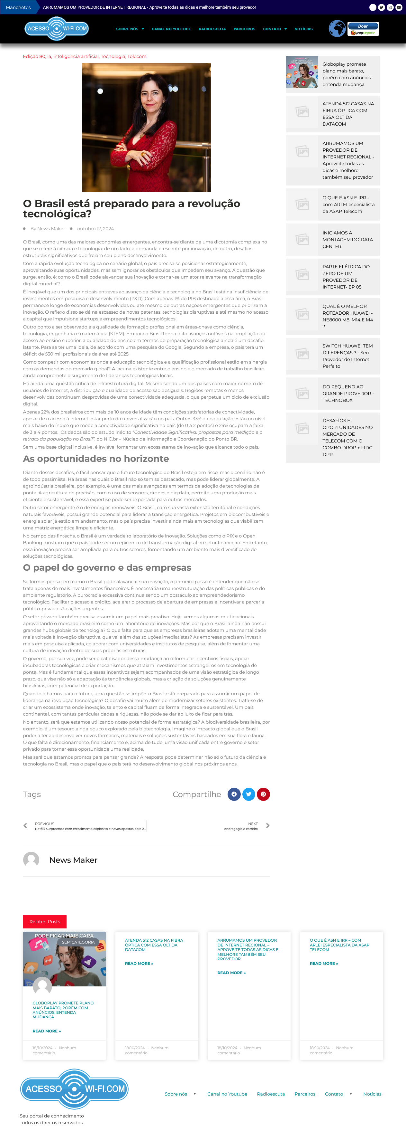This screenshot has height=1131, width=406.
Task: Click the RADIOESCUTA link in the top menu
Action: point(212,29)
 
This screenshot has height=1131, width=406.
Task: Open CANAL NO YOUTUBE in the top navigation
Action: point(171,29)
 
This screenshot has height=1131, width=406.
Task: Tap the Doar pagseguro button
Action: point(363,29)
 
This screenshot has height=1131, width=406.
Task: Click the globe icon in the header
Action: point(337,29)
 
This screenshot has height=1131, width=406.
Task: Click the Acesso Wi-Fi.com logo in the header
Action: point(57,29)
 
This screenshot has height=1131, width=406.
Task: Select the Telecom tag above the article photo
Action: point(137,56)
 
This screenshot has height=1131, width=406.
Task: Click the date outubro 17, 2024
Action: point(95,229)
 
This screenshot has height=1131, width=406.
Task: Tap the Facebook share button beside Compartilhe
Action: point(234,794)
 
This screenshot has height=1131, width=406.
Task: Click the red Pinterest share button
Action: point(263,794)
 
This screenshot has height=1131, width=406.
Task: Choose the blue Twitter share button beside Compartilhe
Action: point(248,794)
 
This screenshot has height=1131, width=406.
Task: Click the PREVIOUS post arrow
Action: point(25,826)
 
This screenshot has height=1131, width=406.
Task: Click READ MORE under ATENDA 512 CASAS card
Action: point(139,963)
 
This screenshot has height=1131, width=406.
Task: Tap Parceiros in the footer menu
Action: point(305,1094)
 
